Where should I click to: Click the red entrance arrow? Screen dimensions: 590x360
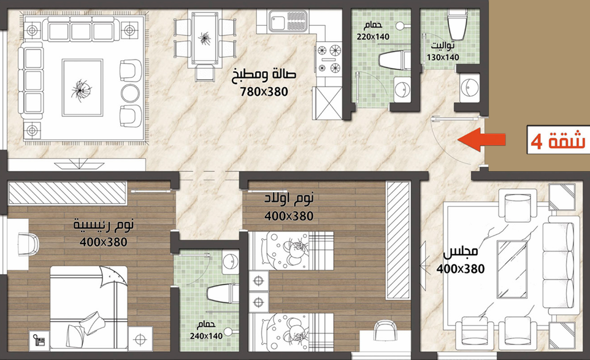(481, 140)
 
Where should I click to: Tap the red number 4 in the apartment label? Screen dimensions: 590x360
(537, 142)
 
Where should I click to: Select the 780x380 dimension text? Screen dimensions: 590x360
(264, 91)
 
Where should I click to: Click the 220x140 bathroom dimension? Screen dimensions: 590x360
(373, 37)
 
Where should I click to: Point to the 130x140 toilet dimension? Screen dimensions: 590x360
(443, 58)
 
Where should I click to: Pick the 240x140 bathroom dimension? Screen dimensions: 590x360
(206, 336)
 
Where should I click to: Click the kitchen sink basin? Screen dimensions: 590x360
(277, 21)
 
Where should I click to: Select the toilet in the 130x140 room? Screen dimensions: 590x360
(457, 25)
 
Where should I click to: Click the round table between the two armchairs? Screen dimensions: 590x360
(130, 93)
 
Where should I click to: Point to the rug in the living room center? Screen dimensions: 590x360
(82, 87)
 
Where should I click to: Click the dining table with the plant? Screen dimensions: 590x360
(205, 38)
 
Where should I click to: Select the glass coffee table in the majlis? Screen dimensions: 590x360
(511, 269)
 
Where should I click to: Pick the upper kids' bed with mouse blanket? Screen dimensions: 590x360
(291, 251)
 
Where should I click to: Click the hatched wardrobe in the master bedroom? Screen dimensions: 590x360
(67, 193)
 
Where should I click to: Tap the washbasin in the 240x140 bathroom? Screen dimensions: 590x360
(230, 260)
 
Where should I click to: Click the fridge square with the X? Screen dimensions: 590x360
(328, 103)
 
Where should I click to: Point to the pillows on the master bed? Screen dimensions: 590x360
(85, 327)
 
